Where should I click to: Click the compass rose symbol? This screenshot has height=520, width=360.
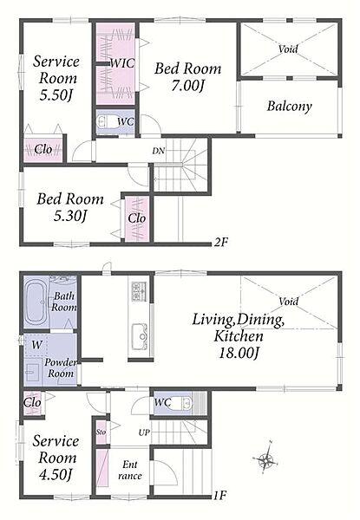click(265, 458)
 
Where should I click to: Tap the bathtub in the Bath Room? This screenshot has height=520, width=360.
click(36, 302)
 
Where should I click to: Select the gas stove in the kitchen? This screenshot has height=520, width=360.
click(140, 291)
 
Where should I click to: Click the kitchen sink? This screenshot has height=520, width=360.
click(140, 336)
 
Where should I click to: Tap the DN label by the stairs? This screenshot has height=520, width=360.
click(158, 151)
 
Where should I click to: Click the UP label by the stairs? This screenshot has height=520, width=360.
click(144, 432)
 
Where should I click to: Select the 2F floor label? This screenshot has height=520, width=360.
click(221, 242)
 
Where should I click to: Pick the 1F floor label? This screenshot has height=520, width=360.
click(219, 496)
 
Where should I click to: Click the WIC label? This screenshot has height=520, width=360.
click(122, 63)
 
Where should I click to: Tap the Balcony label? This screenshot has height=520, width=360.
click(290, 106)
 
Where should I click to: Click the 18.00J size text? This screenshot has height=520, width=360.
click(239, 353)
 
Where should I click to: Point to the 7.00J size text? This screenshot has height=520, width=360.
click(188, 86)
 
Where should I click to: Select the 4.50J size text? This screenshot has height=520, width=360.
click(56, 475)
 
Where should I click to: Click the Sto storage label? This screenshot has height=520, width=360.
click(101, 432)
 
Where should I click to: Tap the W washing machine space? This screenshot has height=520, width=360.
click(36, 345)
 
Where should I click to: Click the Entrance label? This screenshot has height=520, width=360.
click(130, 471)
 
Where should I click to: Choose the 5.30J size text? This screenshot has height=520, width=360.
click(70, 216)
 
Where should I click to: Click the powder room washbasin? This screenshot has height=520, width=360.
click(32, 373)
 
